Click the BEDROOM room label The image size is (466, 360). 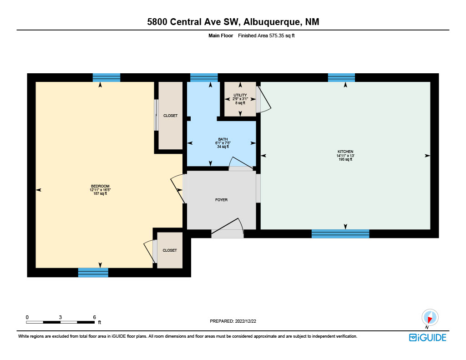(x=100, y=186)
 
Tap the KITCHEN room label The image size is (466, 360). (x=345, y=152)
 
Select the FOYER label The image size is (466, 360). (x=222, y=200)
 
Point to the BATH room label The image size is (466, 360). (x=223, y=139)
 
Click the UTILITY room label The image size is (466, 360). (x=240, y=95)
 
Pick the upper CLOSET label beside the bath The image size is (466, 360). (x=170, y=116)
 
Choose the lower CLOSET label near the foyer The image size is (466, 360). (x=170, y=250)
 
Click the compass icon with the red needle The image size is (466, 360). (x=430, y=318)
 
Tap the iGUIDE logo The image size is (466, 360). (x=428, y=337)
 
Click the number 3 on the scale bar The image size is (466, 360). (x=61, y=317)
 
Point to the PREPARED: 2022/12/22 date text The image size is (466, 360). (x=233, y=321)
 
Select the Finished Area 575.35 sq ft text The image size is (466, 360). (x=266, y=35)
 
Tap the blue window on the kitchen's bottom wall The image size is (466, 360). (x=340, y=233)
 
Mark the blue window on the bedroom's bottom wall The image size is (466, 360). (x=93, y=273)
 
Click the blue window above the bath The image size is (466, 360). (x=204, y=77)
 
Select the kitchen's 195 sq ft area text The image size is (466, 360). (x=345, y=159)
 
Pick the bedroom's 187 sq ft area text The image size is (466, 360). (x=100, y=193)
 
